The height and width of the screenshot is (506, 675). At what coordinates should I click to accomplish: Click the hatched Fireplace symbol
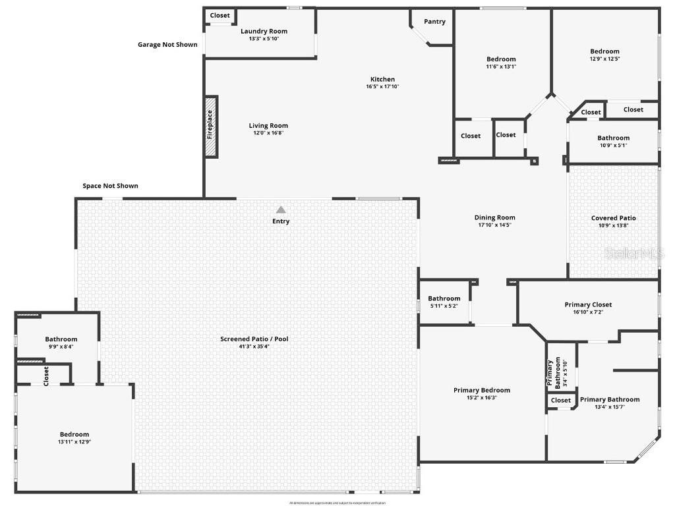[211, 126]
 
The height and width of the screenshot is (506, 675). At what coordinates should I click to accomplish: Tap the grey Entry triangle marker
[281, 210]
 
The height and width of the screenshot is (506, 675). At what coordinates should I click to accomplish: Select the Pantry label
[434, 22]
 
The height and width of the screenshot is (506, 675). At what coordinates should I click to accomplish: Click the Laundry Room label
[264, 31]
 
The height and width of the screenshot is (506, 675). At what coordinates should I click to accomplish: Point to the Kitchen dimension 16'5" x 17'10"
[382, 86]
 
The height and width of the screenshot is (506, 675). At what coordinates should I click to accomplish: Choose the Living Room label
[268, 126]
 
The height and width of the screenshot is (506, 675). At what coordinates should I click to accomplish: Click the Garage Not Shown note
[167, 45]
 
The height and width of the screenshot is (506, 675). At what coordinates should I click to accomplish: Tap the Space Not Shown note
[110, 186]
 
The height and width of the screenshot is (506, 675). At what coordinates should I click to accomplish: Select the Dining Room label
[494, 217]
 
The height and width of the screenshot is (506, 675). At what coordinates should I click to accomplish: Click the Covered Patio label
[613, 218]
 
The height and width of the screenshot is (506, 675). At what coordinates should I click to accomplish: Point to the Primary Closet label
[588, 304]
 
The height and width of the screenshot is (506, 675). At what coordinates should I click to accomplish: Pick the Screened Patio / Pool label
[254, 339]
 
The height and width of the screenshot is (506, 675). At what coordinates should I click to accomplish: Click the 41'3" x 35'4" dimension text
[254, 347]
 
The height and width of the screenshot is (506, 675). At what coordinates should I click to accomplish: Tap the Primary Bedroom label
[481, 390]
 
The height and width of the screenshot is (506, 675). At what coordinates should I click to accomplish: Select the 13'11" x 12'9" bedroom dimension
[74, 442]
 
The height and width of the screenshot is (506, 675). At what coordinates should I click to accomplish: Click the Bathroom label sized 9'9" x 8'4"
[61, 339]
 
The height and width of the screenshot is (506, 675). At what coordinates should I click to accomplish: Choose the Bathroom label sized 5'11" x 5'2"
[444, 298]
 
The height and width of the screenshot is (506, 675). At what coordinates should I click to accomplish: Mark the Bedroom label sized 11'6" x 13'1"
[501, 59]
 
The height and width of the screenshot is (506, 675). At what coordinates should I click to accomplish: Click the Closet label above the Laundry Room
[220, 16]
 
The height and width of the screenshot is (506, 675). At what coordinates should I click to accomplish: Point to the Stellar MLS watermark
[635, 253]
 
